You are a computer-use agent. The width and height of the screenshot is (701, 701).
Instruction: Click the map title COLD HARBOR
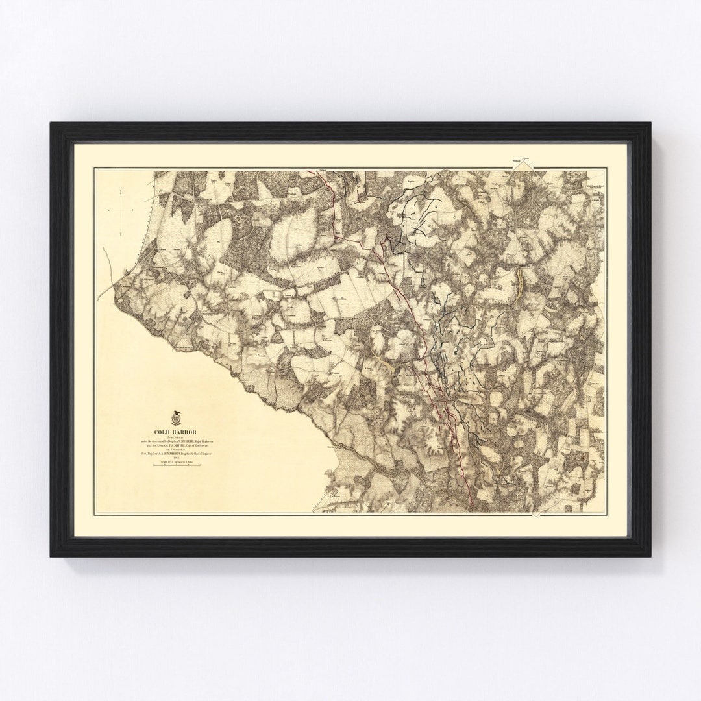(175, 432)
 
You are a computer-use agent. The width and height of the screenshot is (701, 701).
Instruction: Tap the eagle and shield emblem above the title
(176, 418)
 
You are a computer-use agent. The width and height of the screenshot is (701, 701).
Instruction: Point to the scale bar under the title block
(177, 465)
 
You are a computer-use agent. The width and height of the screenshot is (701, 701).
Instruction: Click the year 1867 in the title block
(177, 458)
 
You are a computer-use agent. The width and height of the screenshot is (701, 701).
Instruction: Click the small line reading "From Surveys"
(175, 437)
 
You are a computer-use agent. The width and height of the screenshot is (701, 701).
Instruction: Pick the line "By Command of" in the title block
(175, 450)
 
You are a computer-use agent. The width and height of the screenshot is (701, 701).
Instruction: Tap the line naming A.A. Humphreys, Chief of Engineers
(177, 454)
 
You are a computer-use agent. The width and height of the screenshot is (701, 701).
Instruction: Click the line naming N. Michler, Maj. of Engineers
(177, 441)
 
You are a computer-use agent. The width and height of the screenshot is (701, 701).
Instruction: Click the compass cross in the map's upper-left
(121, 210)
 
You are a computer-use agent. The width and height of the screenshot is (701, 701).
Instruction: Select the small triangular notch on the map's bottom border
(536, 515)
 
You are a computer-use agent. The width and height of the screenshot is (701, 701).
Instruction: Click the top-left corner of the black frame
(51, 123)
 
